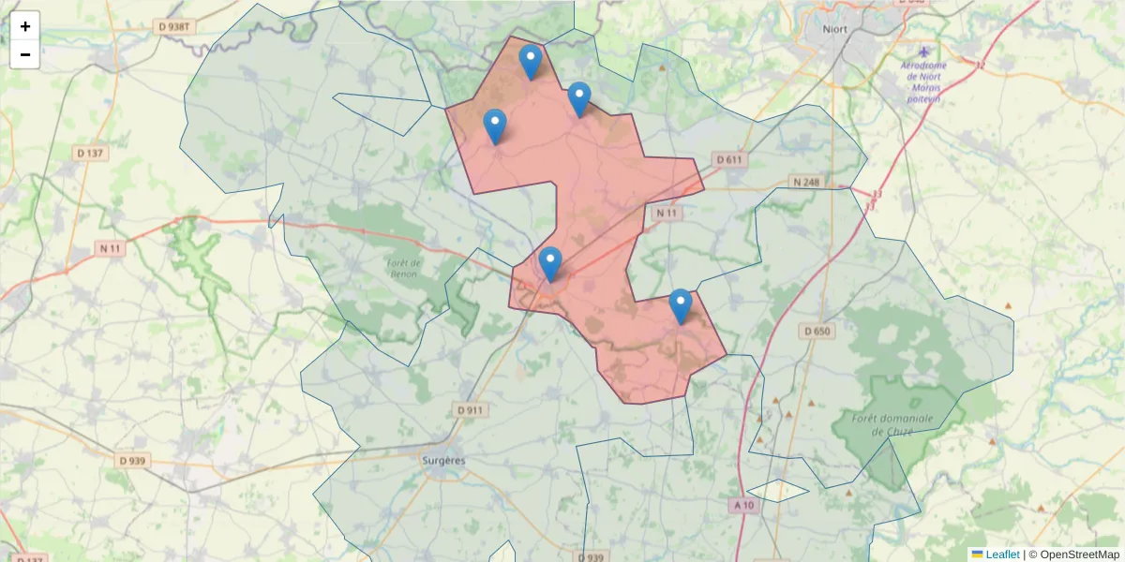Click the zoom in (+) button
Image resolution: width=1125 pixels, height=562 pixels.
tap(25, 26)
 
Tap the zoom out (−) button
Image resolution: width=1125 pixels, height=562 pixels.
tap(25, 54)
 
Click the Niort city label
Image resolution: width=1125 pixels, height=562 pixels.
tap(834, 29)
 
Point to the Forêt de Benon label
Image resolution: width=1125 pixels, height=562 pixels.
tap(403, 268)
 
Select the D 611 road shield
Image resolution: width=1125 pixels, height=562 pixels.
tap(729, 160)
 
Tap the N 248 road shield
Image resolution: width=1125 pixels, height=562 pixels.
tap(805, 182)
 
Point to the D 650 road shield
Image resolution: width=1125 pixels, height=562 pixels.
tap(817, 332)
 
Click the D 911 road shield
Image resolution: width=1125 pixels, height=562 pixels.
tap(471, 410)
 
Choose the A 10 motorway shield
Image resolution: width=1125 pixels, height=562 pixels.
tap(743, 505)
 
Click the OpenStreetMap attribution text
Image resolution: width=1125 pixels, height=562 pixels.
tap(1079, 555)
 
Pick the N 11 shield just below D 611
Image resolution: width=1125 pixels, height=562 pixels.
tap(666, 214)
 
